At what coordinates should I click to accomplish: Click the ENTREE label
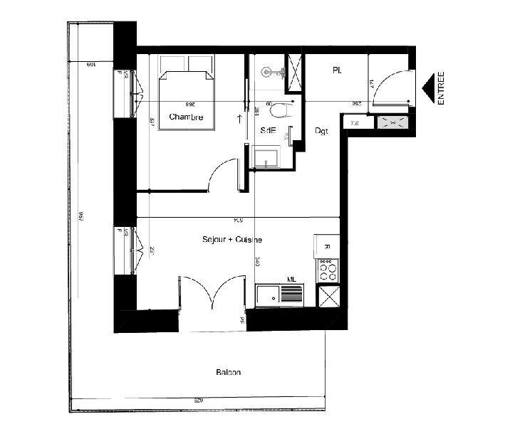pyautogui.click(x=441, y=88)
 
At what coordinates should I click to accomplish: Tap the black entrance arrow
pyautogui.click(x=428, y=88)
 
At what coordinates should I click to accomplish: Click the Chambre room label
pyautogui.click(x=186, y=117)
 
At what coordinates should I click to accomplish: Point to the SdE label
pyautogui.click(x=268, y=130)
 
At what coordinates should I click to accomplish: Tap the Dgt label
pyautogui.click(x=321, y=132)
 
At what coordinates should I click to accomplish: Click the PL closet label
pyautogui.click(x=335, y=70)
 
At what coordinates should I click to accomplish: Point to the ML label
pyautogui.click(x=291, y=280)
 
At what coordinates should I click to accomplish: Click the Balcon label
pyautogui.click(x=228, y=373)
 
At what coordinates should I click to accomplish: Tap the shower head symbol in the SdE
pyautogui.click(x=268, y=71)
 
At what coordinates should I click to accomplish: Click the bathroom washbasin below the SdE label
pyautogui.click(x=266, y=157)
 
